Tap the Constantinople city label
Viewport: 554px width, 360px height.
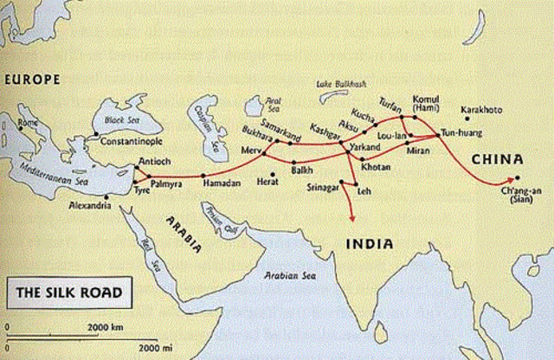[x=131, y=140]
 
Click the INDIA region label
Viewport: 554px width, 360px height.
[x=370, y=245]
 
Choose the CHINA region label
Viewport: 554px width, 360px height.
[x=497, y=160]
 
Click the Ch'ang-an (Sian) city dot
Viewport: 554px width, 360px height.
[x=518, y=179]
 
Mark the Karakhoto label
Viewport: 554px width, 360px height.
[x=491, y=112]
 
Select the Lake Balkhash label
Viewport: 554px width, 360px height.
[x=342, y=82]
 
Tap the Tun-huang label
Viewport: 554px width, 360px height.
[x=459, y=136]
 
